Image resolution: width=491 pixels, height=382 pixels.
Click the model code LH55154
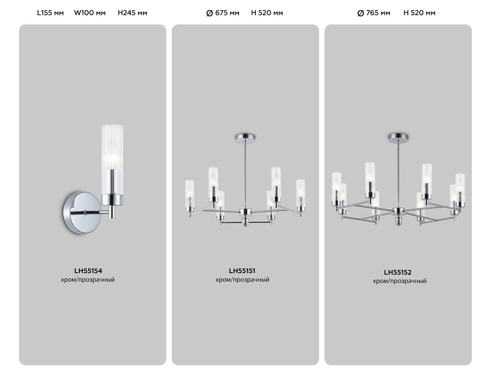(x=88, y=271)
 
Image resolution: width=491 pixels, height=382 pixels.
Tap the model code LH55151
(x=242, y=271)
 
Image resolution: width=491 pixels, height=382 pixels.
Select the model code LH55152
(x=397, y=272)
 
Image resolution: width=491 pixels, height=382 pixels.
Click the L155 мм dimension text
(x=51, y=13)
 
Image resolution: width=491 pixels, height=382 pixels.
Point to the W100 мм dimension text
(x=90, y=13)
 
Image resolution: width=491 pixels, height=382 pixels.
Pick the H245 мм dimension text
(x=133, y=13)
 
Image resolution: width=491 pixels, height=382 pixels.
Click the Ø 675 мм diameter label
(x=223, y=13)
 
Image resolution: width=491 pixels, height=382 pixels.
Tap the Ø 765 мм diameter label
(x=374, y=13)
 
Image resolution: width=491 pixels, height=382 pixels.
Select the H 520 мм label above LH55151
(x=267, y=13)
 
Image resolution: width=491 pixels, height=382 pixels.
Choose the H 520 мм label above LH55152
(x=419, y=13)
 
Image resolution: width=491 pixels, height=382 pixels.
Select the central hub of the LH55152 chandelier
(x=398, y=211)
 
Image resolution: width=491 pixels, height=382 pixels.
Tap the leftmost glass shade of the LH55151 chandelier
(x=189, y=193)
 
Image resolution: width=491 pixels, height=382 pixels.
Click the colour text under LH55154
(x=88, y=280)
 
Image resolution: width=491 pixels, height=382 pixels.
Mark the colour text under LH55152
(x=399, y=281)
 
